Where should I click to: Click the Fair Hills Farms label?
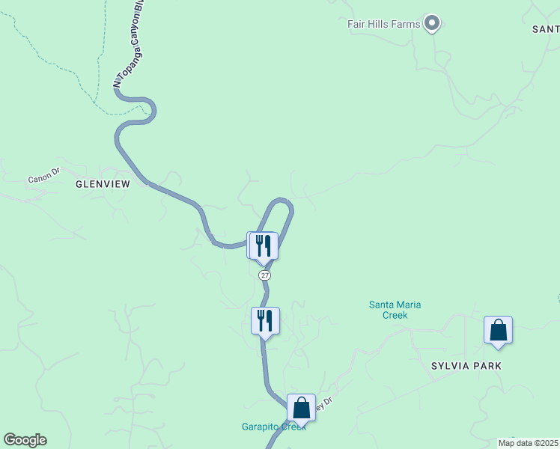[x=383, y=24]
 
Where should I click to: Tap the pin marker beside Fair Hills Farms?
[x=432, y=24]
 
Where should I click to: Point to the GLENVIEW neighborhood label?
[x=103, y=184]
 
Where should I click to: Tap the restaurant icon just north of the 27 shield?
[x=264, y=245]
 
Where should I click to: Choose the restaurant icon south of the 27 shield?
[x=265, y=320]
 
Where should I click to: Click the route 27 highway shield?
[x=265, y=275]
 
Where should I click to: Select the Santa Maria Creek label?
[x=395, y=310]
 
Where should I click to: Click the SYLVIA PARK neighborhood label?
[x=466, y=366]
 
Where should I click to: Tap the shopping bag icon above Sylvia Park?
[x=498, y=330]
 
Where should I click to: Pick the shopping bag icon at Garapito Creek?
[x=301, y=409]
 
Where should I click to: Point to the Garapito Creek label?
[x=273, y=427]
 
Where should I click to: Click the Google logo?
[x=25, y=440]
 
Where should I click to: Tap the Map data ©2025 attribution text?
[x=528, y=443]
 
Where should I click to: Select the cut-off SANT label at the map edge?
[x=545, y=29]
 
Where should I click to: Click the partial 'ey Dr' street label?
[x=323, y=404]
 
